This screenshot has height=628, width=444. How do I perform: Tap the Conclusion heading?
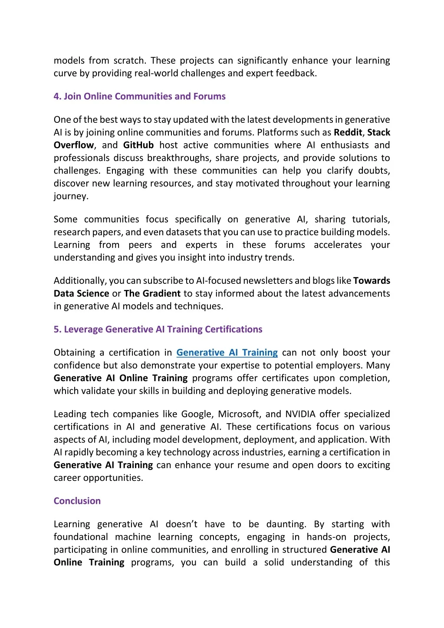[x=77, y=501]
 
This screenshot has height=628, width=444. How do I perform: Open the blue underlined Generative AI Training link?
[x=227, y=352]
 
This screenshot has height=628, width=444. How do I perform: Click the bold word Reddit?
[x=348, y=132]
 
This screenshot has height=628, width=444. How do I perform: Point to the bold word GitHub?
[x=138, y=145]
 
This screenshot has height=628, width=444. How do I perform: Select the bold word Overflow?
[x=74, y=145]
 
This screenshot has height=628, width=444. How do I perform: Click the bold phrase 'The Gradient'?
[x=152, y=293]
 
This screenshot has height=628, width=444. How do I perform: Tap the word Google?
[x=197, y=414]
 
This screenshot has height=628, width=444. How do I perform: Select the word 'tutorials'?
[x=371, y=219]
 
